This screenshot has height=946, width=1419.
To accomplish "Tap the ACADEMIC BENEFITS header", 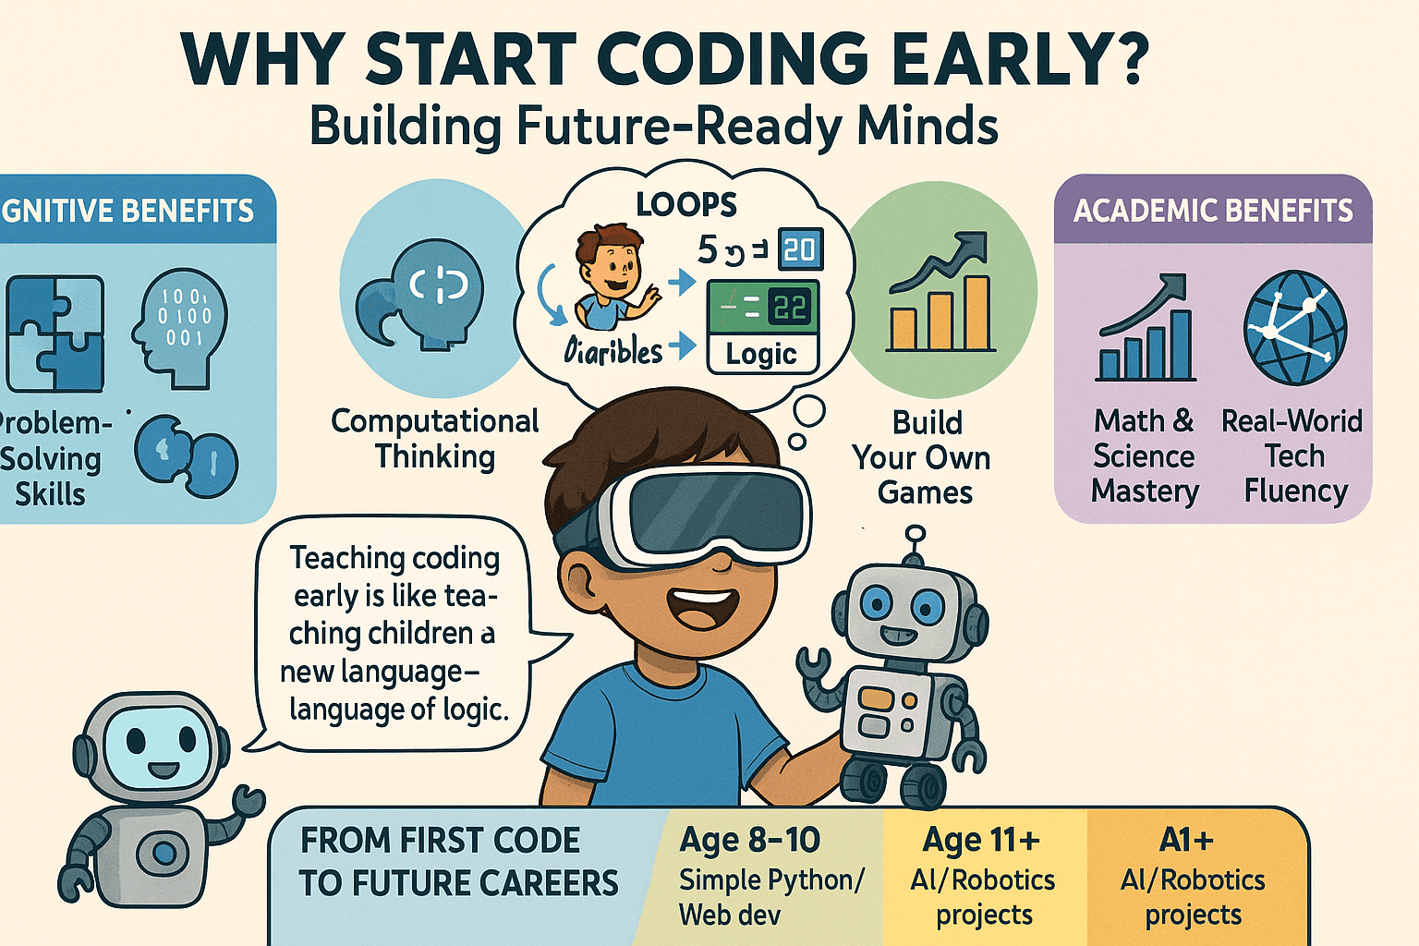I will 1212,211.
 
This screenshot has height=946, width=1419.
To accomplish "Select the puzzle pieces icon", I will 55,334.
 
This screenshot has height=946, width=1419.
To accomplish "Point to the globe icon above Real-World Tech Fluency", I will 1294,328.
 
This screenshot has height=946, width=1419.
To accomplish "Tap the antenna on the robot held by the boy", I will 915,545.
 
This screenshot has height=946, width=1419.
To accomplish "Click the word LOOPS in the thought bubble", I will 686,204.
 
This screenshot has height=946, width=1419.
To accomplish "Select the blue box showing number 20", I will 800,249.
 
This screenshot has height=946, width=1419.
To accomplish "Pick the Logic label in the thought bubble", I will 761,354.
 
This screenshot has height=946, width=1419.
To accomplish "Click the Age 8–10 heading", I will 749,840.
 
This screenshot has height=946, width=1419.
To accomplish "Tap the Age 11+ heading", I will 981,840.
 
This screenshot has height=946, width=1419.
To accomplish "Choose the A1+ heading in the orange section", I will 1186,840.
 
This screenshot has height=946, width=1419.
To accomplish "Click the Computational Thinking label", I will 435,438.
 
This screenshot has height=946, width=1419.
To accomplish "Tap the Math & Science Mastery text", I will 1145,456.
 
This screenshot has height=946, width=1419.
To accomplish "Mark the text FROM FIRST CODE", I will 441,841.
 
